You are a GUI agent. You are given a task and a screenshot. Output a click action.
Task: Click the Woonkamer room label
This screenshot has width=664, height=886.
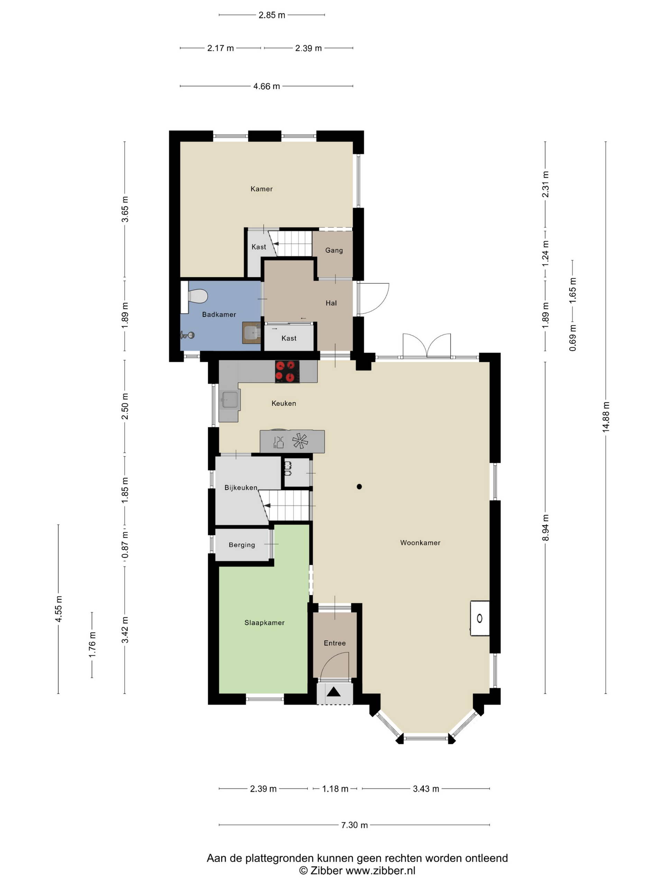420,543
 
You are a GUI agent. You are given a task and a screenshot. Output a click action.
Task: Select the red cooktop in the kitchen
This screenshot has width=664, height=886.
287,371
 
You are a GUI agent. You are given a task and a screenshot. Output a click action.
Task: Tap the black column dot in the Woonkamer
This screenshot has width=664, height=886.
359,487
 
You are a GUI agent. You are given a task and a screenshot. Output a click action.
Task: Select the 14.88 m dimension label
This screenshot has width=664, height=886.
606,417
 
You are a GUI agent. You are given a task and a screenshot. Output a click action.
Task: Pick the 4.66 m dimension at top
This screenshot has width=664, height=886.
267,86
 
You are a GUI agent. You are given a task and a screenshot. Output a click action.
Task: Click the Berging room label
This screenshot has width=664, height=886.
242,545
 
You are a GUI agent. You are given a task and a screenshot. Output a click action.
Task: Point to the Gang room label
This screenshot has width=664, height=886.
334,250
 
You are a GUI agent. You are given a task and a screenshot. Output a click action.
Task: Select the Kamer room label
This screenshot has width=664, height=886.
261,189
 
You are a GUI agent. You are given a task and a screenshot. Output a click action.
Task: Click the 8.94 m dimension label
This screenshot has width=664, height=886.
545,527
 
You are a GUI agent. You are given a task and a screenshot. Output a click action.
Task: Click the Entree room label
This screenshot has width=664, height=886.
335,643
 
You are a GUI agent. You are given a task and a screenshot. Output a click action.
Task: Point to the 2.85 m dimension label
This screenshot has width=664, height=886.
272,15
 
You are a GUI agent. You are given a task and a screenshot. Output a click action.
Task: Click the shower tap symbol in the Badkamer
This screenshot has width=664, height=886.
187,335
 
